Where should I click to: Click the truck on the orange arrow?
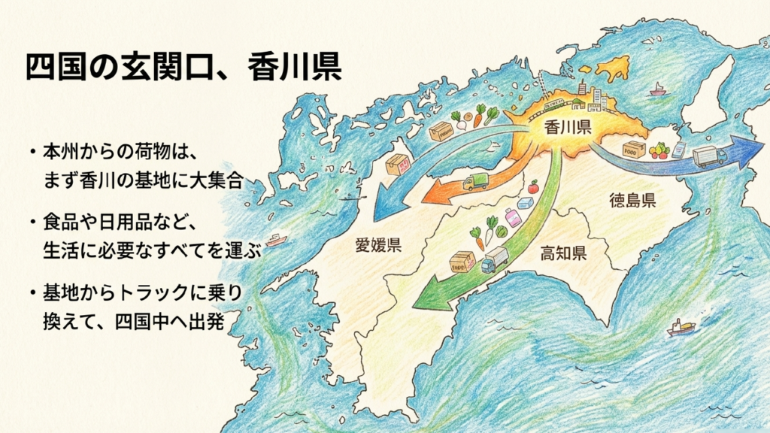pos(475,181)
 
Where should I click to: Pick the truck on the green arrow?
pos(494,260)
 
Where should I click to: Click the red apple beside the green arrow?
pos(533,186)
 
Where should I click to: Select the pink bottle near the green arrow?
pos(513,218)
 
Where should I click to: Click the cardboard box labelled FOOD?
pos(634,149)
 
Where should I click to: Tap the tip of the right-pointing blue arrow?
pos(754,150)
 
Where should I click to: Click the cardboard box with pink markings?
pos(396,165)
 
